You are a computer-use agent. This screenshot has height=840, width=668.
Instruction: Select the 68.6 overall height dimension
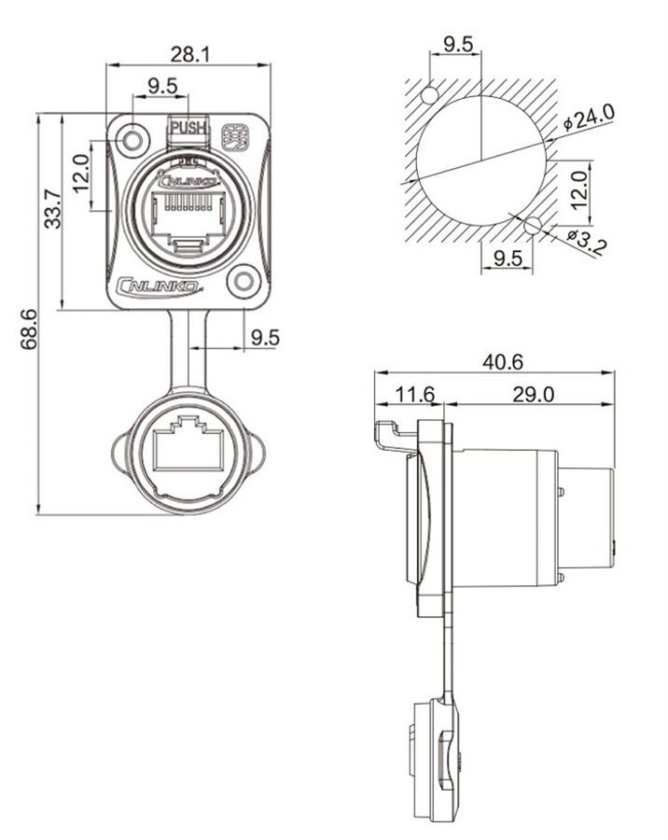pyautogui.click(x=28, y=329)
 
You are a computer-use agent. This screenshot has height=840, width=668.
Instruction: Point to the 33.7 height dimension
pyautogui.click(x=53, y=210)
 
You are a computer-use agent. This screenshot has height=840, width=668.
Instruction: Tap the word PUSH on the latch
pyautogui.click(x=189, y=127)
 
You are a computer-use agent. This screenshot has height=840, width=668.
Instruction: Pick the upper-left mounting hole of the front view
pyautogui.click(x=133, y=141)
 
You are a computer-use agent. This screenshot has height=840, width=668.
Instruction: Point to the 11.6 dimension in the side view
pyautogui.click(x=414, y=396)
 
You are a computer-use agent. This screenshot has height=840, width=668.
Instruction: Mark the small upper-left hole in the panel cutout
pyautogui.click(x=429, y=95)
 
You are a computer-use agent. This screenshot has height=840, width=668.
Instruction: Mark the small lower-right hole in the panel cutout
pyautogui.click(x=533, y=224)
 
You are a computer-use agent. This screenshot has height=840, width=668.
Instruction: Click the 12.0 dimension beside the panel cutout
pyautogui.click(x=579, y=189)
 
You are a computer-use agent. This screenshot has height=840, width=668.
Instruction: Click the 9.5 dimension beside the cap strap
pyautogui.click(x=265, y=337)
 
